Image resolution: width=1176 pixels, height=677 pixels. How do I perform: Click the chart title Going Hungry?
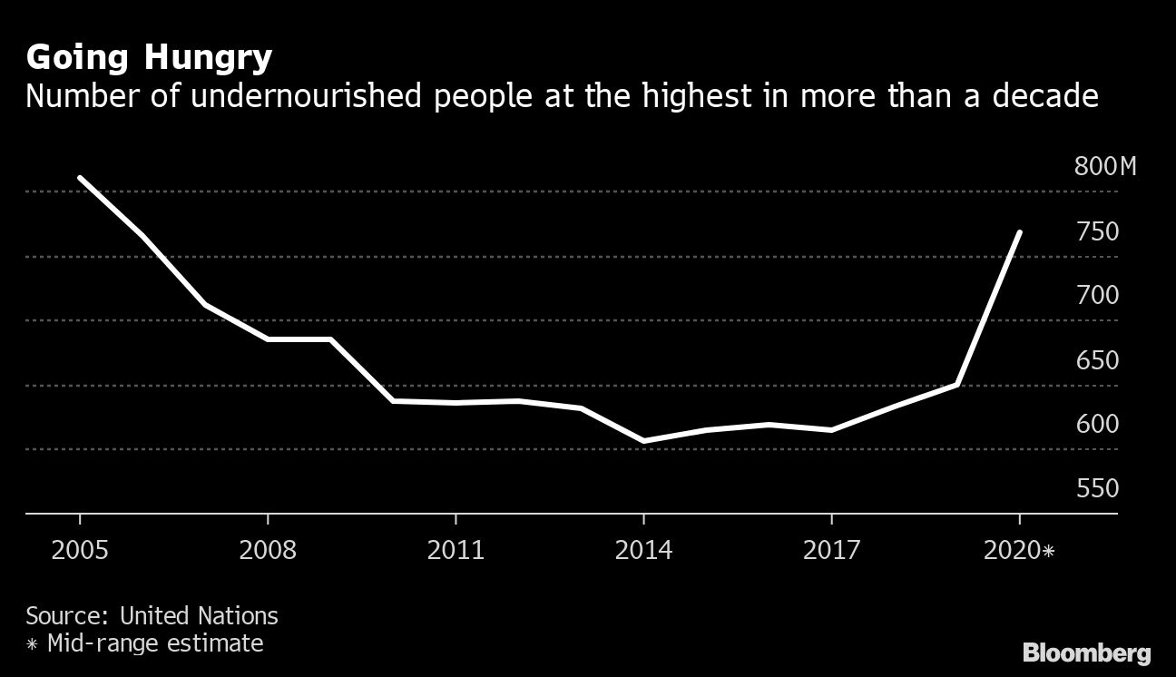pos(149,58)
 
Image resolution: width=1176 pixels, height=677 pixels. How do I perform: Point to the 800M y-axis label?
pos(1104,167)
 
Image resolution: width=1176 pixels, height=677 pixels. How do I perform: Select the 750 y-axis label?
pos(1097,232)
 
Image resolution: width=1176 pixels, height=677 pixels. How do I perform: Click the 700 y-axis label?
pos(1097,295)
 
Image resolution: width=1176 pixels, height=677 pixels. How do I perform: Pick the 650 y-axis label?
pos(1097,360)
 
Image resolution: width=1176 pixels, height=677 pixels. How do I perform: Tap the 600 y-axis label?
pos(1097,424)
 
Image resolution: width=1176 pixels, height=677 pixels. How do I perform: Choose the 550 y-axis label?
pos(1097,489)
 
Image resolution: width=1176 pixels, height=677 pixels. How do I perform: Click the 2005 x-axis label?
pos(80,550)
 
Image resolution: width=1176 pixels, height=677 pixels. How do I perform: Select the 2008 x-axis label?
pos(268,550)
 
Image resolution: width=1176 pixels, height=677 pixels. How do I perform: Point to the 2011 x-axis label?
pos(456,550)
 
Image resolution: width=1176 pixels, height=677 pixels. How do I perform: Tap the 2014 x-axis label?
pos(643,550)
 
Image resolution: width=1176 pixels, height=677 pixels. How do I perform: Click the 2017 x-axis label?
pos(831,550)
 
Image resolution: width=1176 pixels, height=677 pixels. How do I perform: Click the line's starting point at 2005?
pos(80,178)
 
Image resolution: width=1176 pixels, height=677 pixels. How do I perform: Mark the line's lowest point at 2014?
pos(643,441)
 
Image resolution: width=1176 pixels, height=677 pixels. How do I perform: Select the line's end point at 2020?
pos(1020,232)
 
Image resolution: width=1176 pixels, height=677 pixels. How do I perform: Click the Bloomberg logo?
pos(1086,652)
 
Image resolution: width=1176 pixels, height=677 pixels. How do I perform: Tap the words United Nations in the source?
pos(199,615)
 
